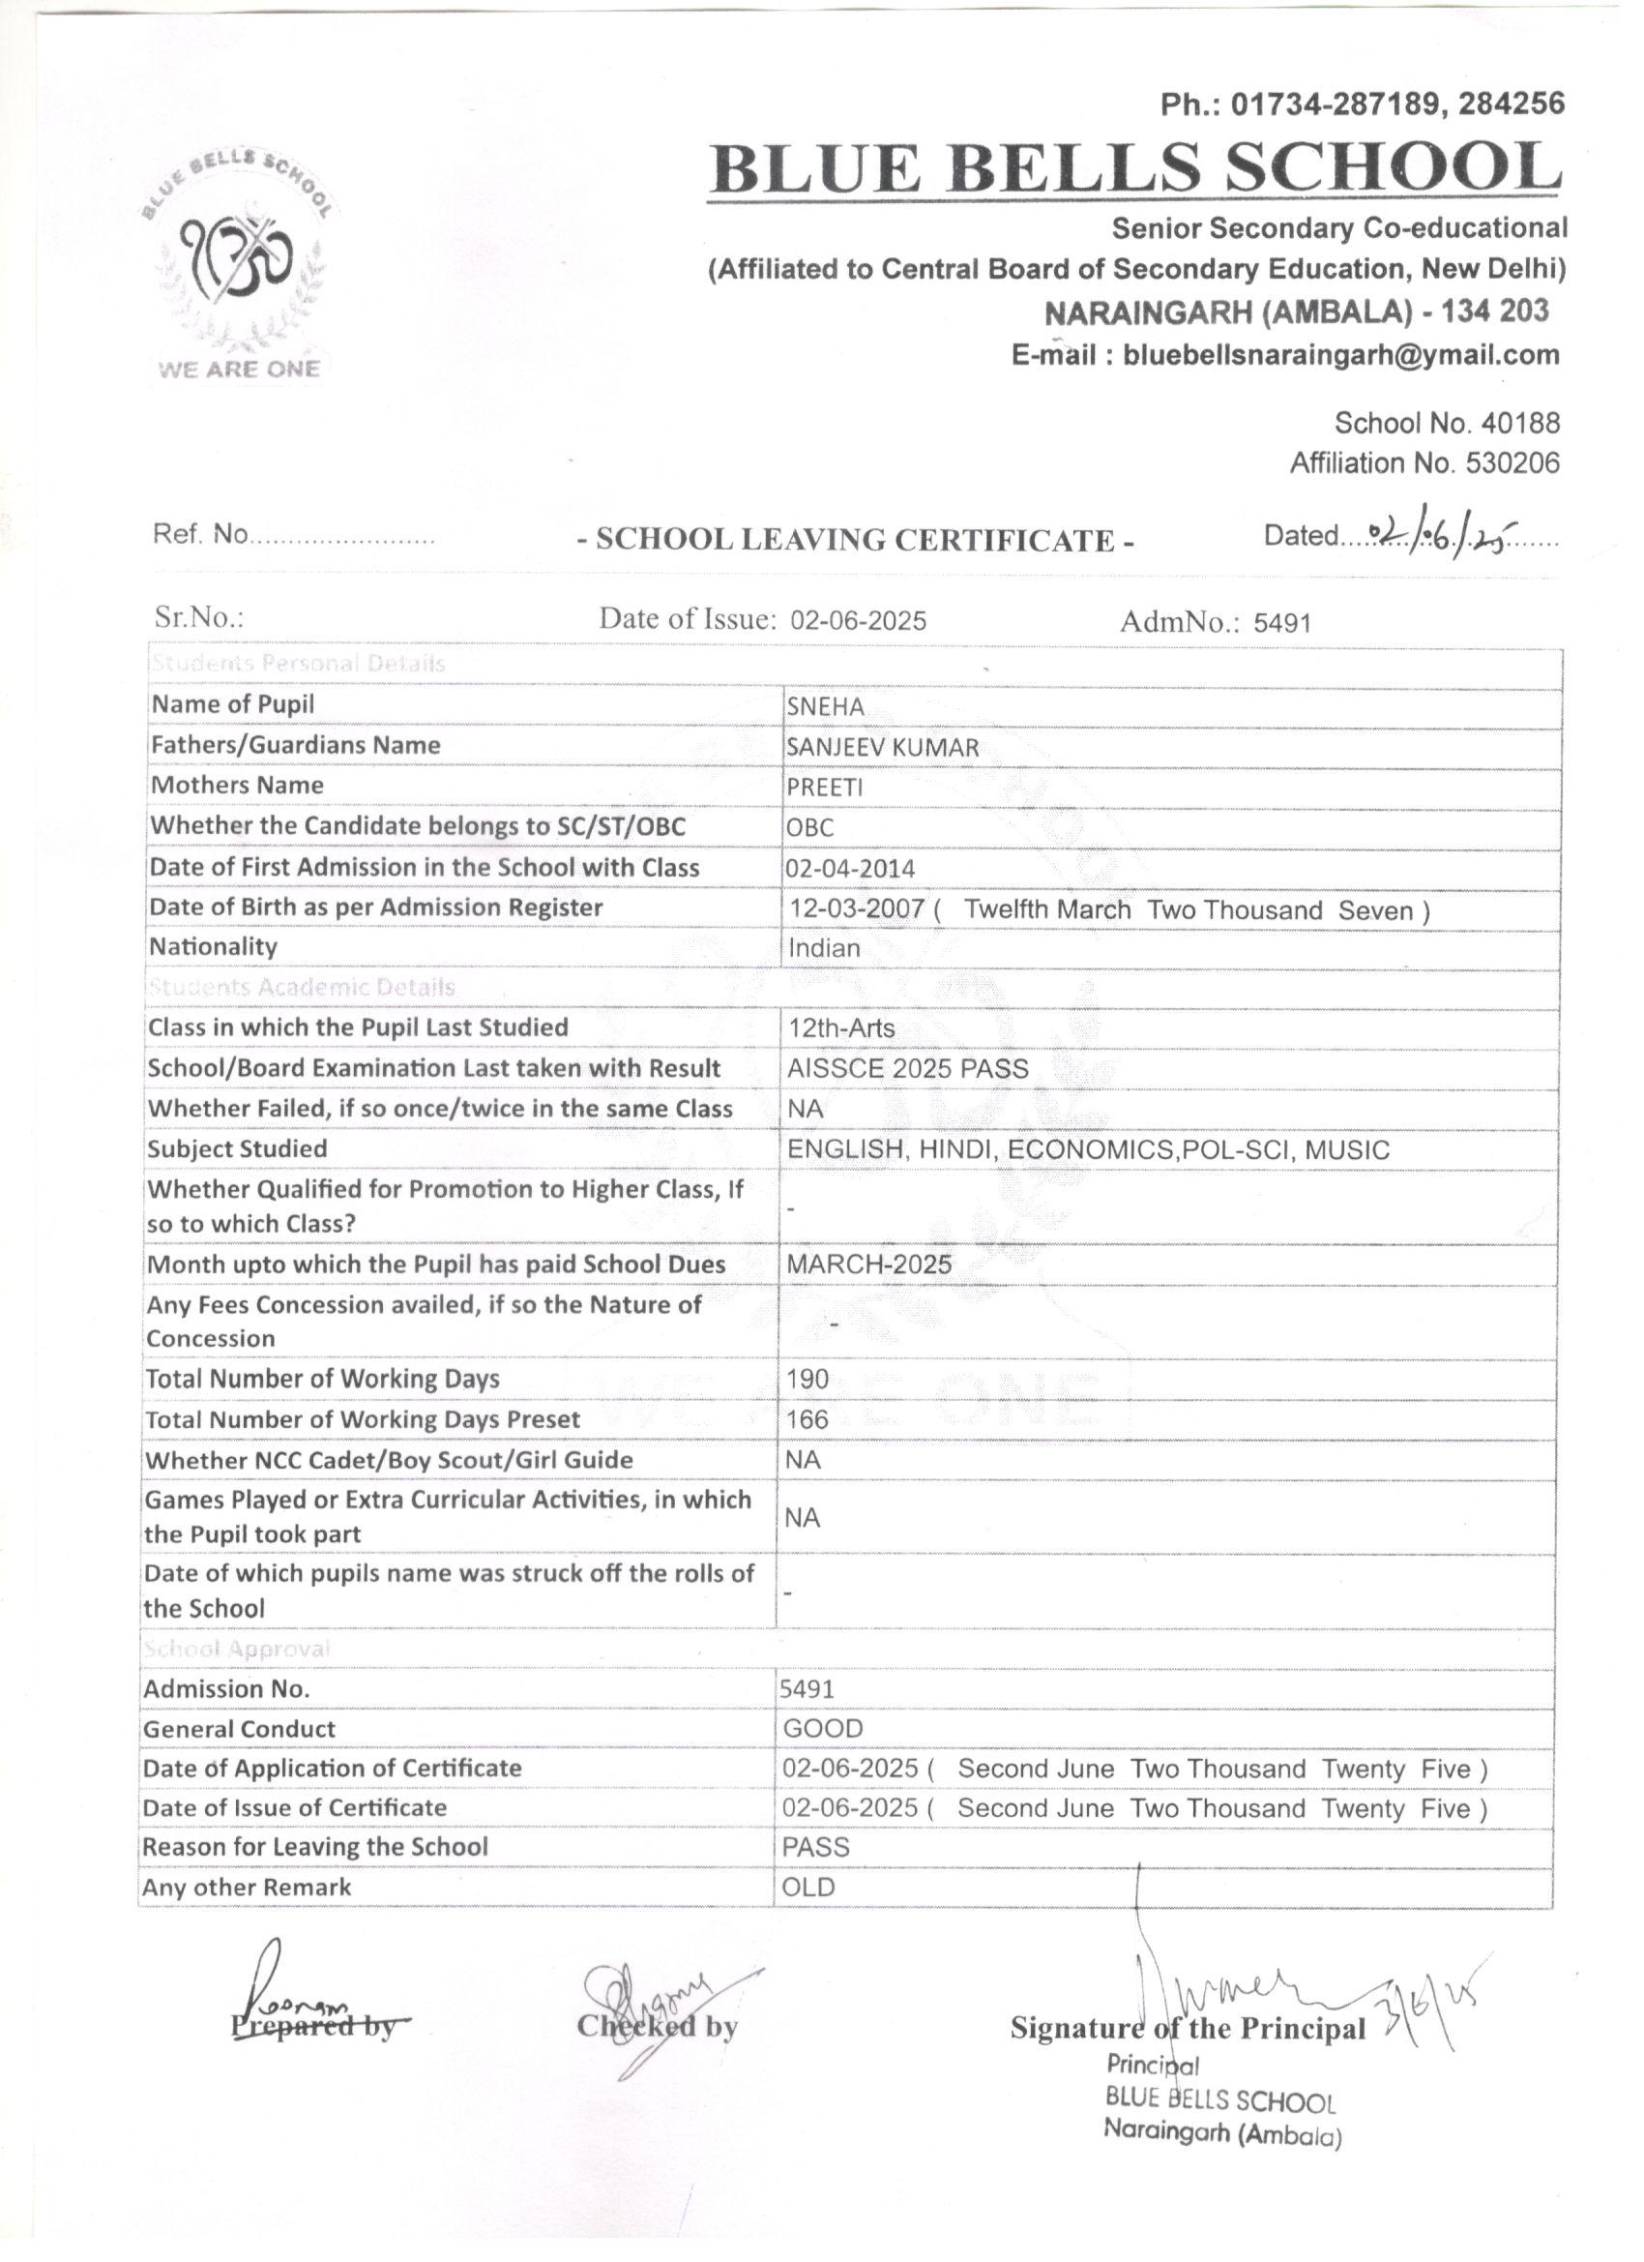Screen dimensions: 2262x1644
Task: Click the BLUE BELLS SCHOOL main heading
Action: pos(1134,167)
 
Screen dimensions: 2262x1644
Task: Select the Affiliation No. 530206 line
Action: pos(1424,462)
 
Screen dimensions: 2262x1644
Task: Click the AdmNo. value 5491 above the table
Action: pos(1282,622)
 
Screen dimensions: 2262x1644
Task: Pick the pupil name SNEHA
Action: pos(825,706)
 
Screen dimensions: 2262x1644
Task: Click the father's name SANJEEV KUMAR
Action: pos(882,746)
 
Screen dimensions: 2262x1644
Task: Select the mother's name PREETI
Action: pos(825,787)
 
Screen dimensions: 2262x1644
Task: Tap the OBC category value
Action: pos(809,828)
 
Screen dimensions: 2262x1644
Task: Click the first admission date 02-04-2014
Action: pos(849,869)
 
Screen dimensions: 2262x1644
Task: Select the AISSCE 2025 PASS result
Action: pos(907,1068)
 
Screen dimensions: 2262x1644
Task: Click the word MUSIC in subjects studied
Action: pos(1347,1150)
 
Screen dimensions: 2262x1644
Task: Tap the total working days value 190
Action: pos(807,1380)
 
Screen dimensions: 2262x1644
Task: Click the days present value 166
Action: pos(807,1419)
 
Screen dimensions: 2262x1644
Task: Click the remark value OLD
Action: pos(808,1887)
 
